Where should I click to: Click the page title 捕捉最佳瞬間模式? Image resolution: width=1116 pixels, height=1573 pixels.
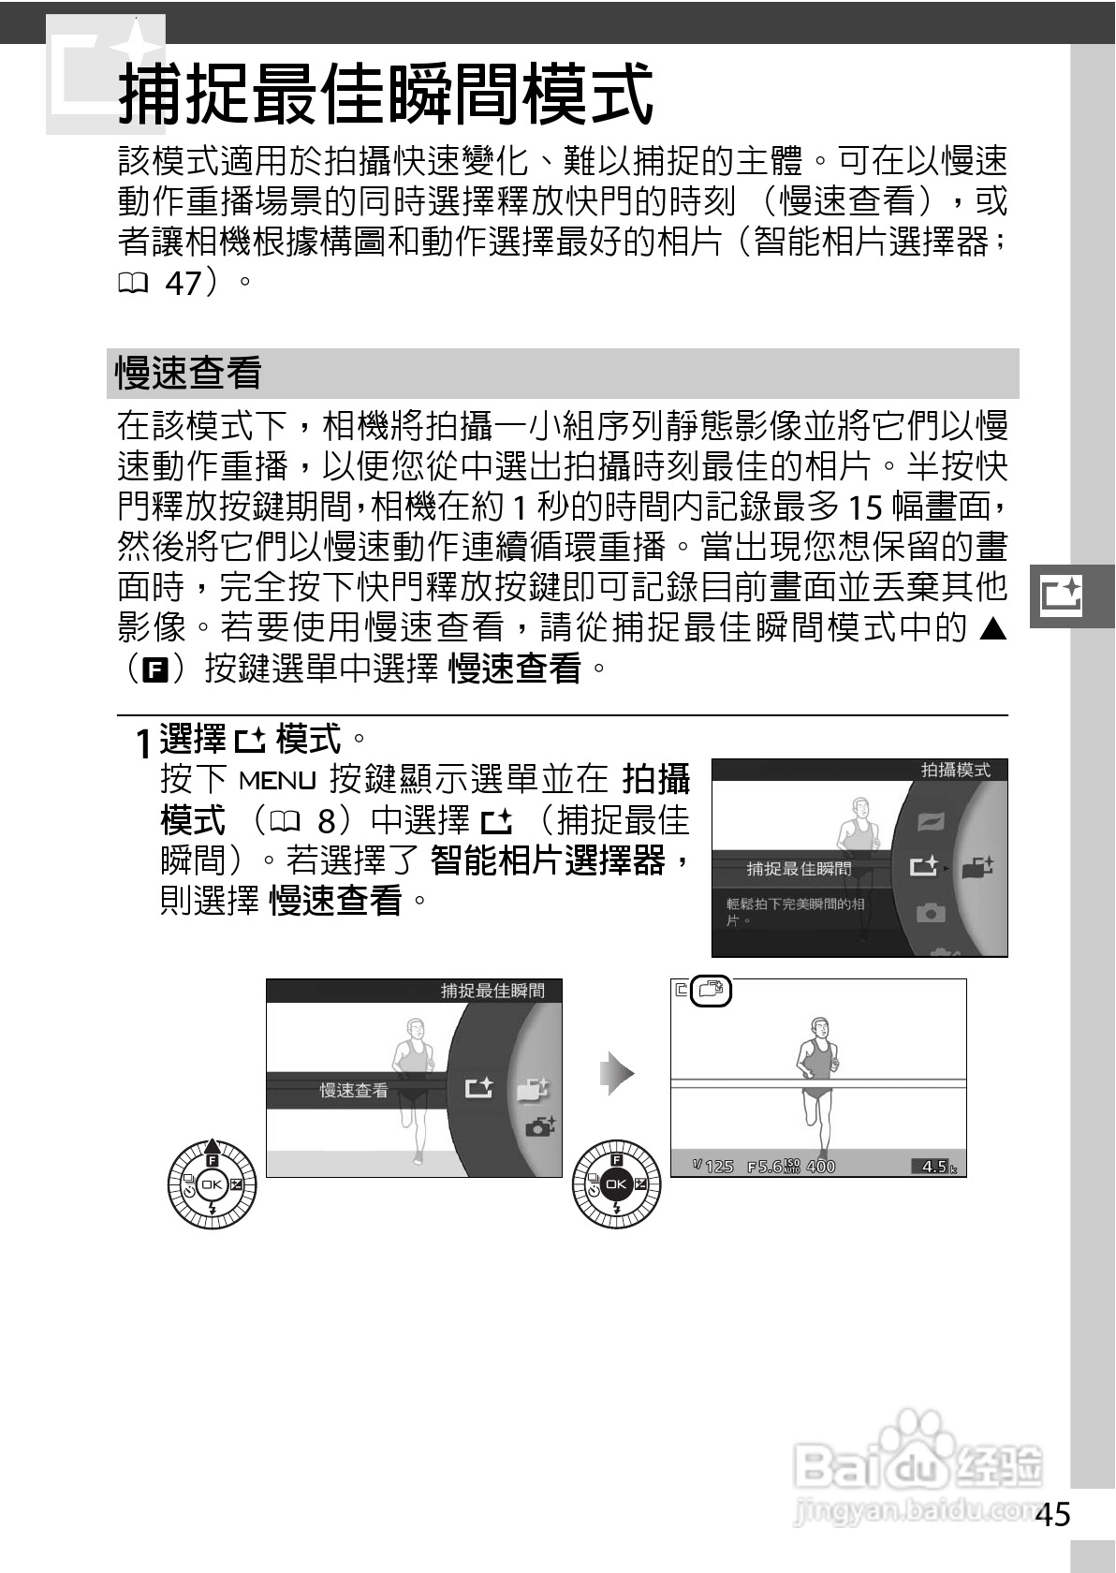[384, 94]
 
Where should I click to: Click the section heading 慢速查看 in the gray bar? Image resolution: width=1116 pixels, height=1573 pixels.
[188, 374]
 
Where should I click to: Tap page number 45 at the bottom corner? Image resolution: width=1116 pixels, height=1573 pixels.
[1053, 1514]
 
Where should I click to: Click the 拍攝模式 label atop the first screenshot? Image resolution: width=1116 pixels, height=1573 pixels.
[955, 770]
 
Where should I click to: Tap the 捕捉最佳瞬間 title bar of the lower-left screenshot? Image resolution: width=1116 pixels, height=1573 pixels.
[492, 991]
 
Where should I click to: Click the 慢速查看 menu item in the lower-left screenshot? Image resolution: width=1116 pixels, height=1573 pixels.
[354, 1090]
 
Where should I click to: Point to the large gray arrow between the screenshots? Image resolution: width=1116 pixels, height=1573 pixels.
[617, 1073]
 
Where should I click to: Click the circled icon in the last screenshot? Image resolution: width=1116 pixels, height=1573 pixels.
[712, 991]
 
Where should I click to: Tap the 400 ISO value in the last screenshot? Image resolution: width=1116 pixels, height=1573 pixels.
[820, 1166]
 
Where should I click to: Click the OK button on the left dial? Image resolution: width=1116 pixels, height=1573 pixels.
[211, 1183]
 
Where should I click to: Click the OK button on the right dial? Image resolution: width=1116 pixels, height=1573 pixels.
[615, 1184]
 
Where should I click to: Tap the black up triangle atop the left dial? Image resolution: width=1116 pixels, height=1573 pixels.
[212, 1145]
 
